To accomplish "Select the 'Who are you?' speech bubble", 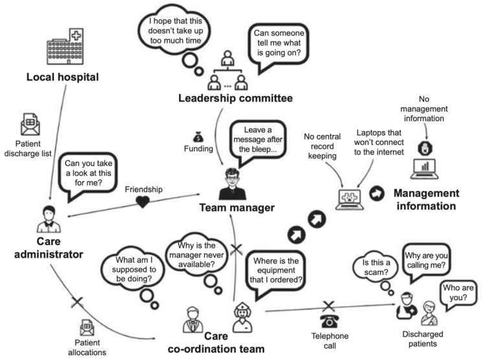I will (x=462, y=293).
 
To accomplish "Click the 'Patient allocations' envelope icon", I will (x=87, y=327).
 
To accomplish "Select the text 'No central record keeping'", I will (x=323, y=147).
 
